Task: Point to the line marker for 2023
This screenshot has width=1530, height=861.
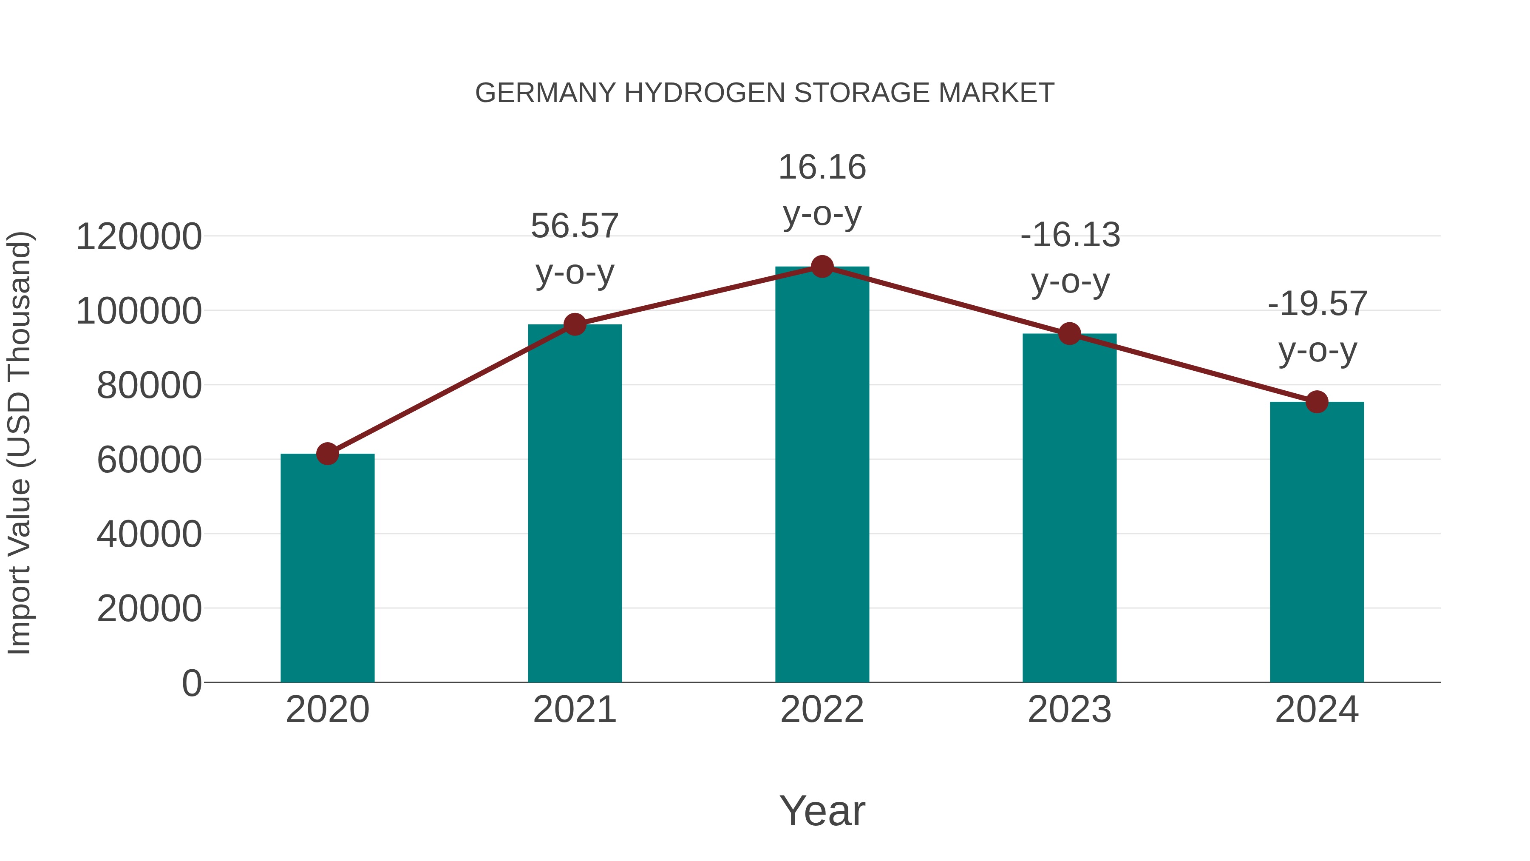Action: (1070, 334)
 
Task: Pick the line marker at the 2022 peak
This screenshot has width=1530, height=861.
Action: (822, 267)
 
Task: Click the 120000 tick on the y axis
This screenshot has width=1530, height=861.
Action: (139, 236)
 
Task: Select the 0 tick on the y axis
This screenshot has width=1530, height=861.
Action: (192, 683)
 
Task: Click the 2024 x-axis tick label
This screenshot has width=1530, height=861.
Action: (1317, 710)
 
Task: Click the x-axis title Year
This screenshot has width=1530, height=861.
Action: (822, 810)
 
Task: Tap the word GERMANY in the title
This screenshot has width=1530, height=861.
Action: (545, 93)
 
